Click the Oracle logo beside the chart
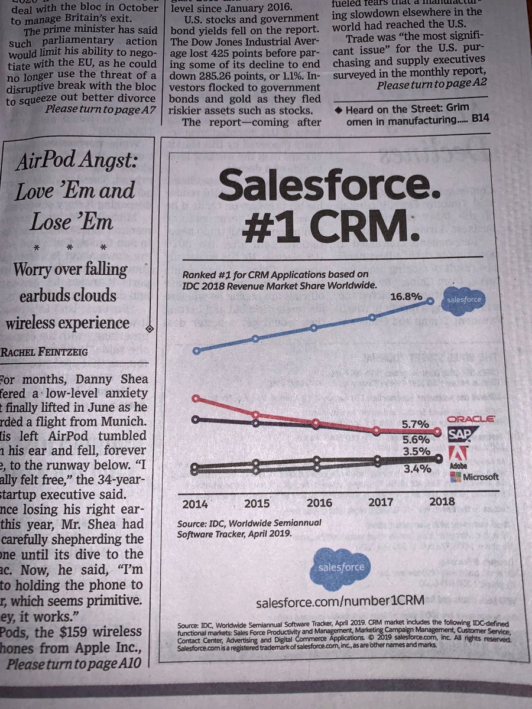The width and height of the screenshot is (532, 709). [x=471, y=418]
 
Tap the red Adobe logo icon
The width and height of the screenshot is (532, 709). [x=459, y=453]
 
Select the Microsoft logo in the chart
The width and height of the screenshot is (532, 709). [x=474, y=477]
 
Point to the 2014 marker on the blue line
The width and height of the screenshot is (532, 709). [x=196, y=350]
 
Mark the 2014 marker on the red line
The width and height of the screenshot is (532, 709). [x=196, y=399]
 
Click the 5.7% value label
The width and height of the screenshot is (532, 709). [x=414, y=424]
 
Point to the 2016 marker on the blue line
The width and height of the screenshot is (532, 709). [x=315, y=327]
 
